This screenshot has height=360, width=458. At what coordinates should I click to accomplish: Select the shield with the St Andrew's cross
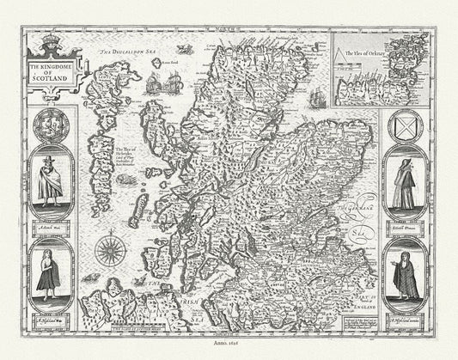pyautogui.click(x=407, y=127)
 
